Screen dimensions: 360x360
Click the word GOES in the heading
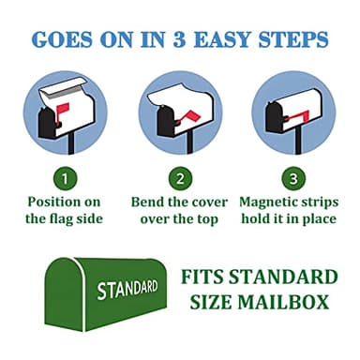tap(62, 39)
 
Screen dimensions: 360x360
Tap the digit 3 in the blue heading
tap(179, 39)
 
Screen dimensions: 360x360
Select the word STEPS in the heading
tap(292, 39)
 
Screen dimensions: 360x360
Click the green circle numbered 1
tap(65, 179)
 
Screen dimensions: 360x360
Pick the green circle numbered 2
tap(180, 179)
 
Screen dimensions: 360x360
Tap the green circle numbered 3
tap(293, 179)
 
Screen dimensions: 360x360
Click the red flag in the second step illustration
tap(190, 117)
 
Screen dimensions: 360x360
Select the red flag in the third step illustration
tap(298, 117)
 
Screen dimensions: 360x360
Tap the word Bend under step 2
tap(147, 202)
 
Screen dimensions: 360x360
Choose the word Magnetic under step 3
tap(266, 202)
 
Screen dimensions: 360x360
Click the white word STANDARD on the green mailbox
tap(127, 289)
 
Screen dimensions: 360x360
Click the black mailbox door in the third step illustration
tap(274, 117)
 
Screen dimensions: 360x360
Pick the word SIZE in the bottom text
tap(210, 302)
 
